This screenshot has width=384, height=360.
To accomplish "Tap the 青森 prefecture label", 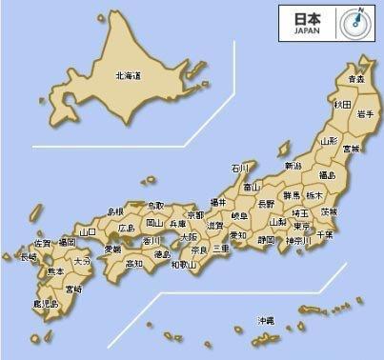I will (x=355, y=79).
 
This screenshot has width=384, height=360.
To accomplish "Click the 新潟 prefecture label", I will (x=293, y=167).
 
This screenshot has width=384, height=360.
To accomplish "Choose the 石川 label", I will (x=239, y=169).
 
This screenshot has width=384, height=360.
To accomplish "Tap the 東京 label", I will (x=301, y=227).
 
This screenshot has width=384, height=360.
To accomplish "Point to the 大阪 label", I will (x=189, y=236).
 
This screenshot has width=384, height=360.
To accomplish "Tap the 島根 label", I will (x=115, y=210).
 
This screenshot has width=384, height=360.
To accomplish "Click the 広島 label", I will (x=126, y=229).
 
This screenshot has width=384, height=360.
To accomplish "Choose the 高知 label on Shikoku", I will (x=133, y=263).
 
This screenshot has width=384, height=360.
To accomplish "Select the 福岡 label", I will (x=66, y=244).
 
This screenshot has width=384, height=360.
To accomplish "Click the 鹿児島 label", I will (x=44, y=305).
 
